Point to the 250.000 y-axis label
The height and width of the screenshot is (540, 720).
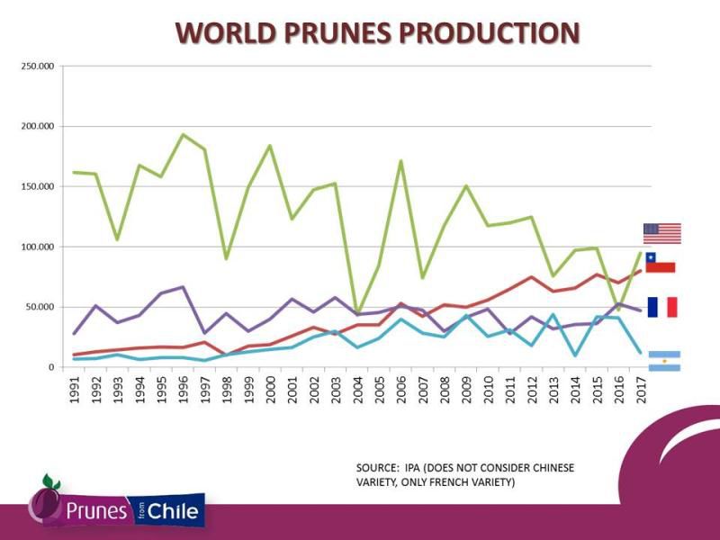pyautogui.click(x=39, y=67)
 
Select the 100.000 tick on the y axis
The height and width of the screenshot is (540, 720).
pyautogui.click(x=39, y=247)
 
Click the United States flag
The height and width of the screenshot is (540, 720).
pyautogui.click(x=661, y=233)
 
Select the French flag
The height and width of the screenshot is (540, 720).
pyautogui.click(x=661, y=307)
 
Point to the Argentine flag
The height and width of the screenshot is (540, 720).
pyautogui.click(x=664, y=361)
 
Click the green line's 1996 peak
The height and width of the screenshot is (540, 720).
pyautogui.click(x=183, y=135)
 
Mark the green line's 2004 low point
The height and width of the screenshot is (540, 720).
pyautogui.click(x=357, y=312)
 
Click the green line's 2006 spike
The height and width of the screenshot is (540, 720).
pyautogui.click(x=400, y=161)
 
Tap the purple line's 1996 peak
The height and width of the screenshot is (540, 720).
pyautogui.click(x=183, y=287)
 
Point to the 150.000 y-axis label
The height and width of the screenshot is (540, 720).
pyautogui.click(x=39, y=186)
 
